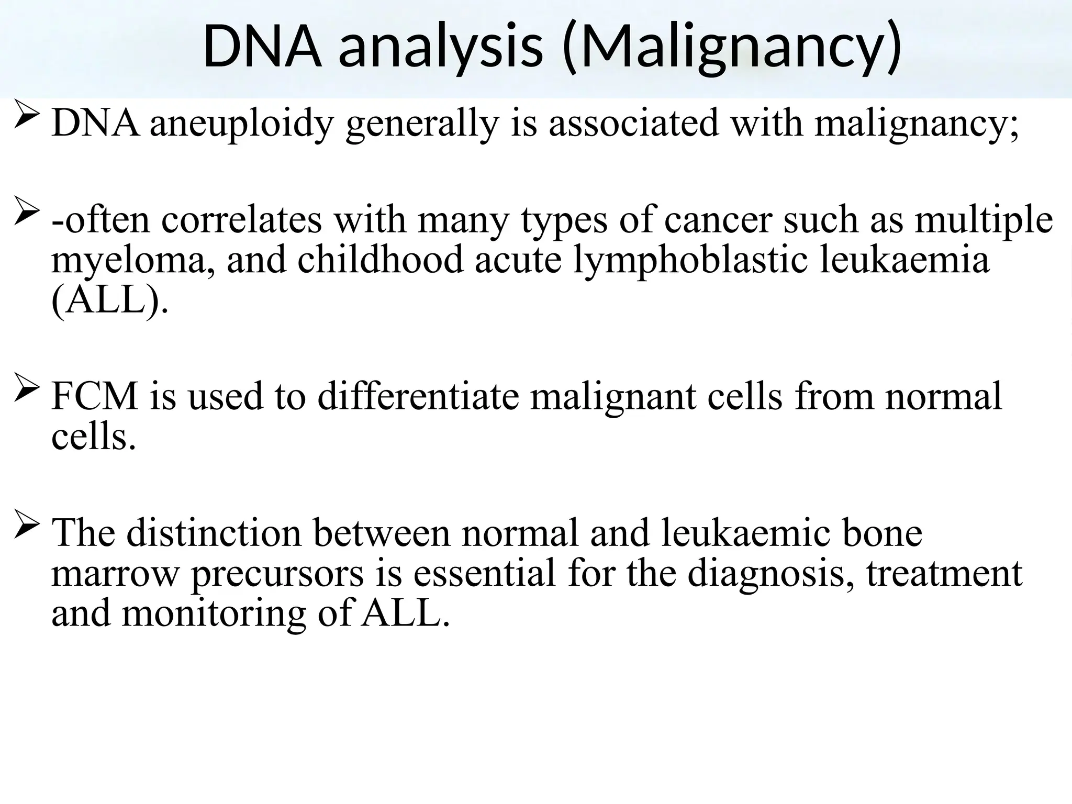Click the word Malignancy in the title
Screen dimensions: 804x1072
click(x=733, y=47)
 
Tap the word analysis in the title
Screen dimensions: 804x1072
click(x=440, y=47)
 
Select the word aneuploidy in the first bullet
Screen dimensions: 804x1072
click(x=241, y=124)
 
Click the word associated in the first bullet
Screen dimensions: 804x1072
click(x=634, y=124)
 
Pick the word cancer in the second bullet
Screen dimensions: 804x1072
click(x=718, y=220)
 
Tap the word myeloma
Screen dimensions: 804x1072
click(x=133, y=260)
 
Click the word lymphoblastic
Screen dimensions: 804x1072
click(x=690, y=260)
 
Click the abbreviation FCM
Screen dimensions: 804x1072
click(x=95, y=396)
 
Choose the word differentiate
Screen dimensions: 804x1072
click(x=418, y=396)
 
